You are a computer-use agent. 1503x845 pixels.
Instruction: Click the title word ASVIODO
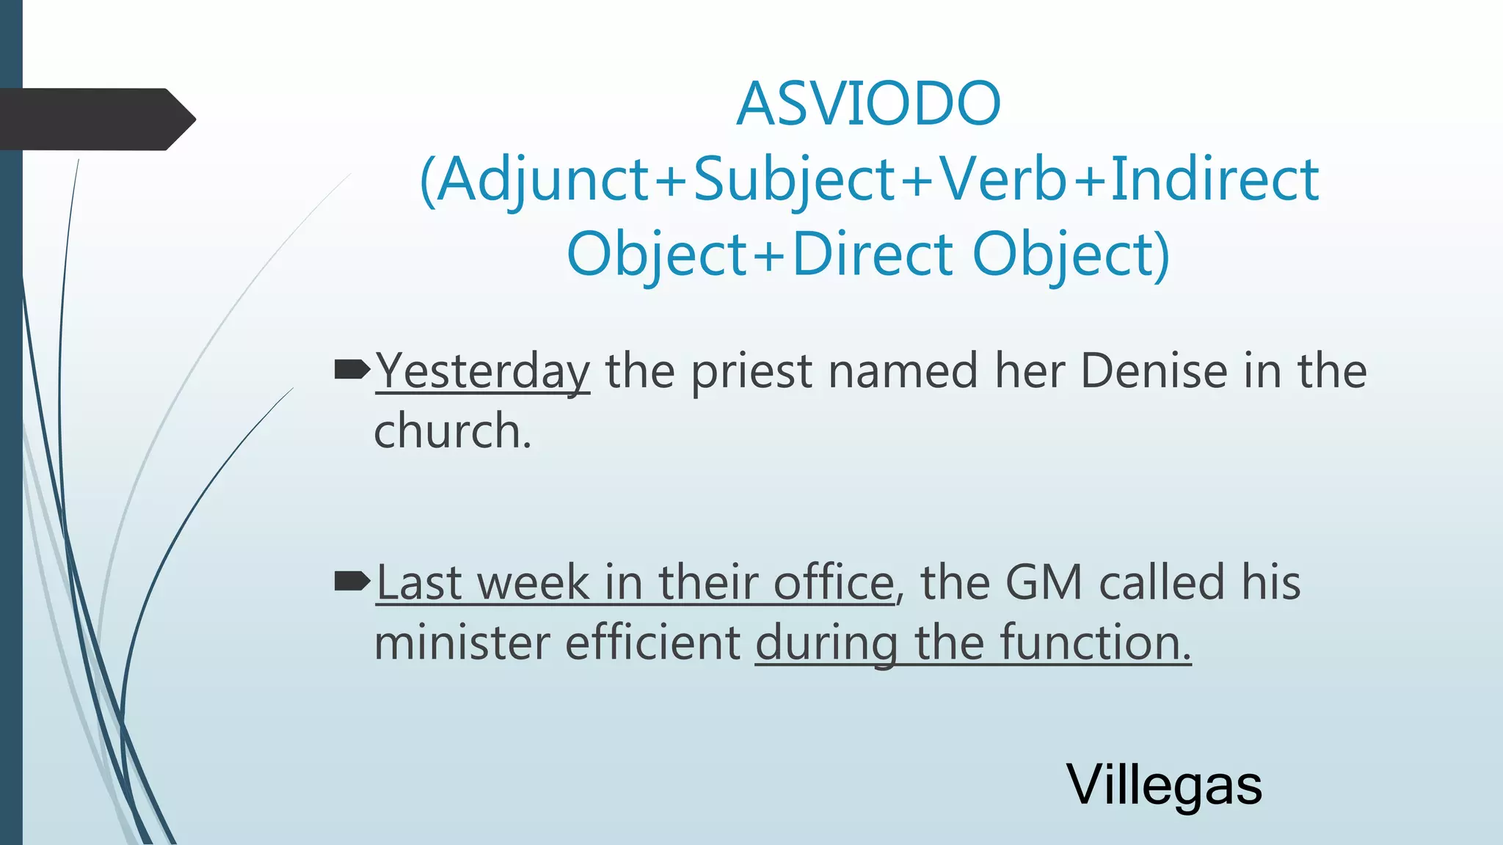point(868,103)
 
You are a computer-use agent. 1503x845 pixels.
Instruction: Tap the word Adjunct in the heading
point(544,180)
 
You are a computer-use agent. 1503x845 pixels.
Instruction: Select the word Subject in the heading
point(794,180)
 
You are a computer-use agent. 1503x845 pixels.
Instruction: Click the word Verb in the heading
point(1003,180)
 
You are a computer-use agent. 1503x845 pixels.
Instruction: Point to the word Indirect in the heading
point(1215,180)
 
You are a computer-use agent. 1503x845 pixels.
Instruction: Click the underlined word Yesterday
point(483,371)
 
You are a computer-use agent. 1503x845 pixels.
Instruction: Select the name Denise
point(1154,371)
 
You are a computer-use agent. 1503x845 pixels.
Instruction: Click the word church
point(451,431)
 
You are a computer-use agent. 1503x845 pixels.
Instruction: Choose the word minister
point(462,643)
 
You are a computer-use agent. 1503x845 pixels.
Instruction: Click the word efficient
point(653,643)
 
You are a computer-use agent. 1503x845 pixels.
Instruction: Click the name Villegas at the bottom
point(1164,785)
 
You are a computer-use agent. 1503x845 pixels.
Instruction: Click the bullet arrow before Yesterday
point(352,370)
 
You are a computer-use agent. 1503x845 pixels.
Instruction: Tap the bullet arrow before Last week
point(352,582)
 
